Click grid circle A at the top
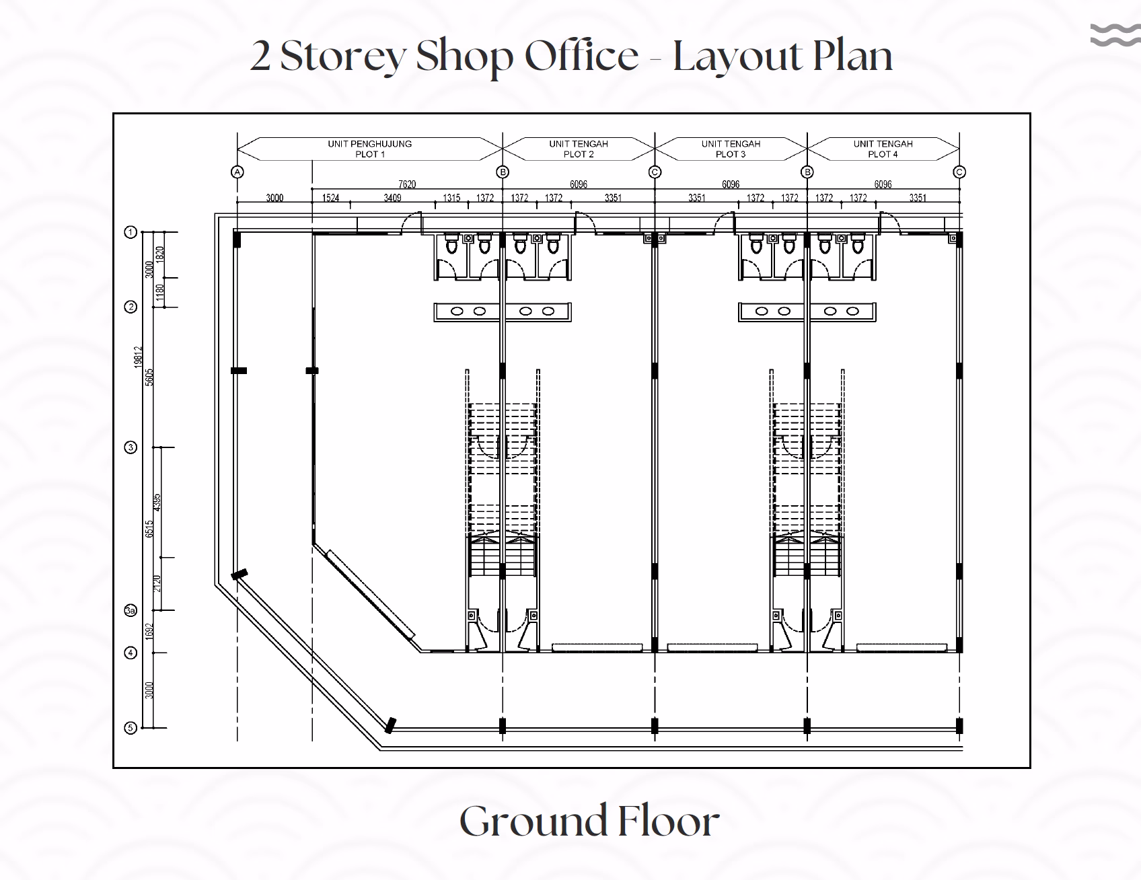237,172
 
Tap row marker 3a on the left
131,611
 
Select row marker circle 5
131,728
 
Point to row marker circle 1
131,232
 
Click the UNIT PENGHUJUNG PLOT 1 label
370,149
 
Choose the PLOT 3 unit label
731,149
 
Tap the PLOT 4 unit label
883,149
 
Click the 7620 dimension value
407,184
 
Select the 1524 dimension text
330,198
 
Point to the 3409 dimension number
392,198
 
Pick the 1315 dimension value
451,198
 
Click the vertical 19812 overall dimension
138,357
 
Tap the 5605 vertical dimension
150,377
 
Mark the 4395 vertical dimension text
157,503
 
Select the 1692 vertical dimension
150,631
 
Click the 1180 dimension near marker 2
160,293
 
